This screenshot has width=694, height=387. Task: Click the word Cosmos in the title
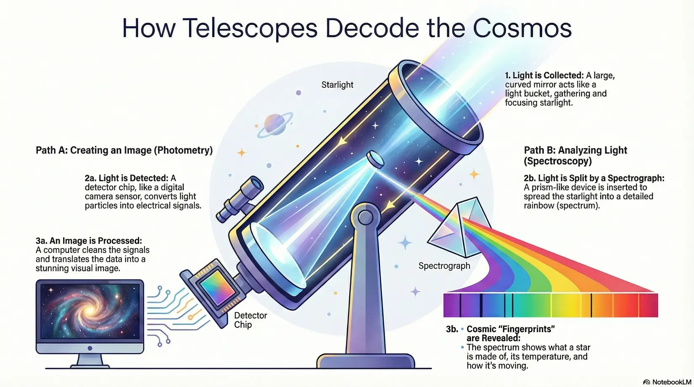[x=522, y=28]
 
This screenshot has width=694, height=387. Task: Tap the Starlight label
[x=337, y=85]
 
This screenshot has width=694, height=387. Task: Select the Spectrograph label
[x=444, y=266]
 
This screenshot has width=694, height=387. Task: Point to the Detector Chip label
[x=251, y=320]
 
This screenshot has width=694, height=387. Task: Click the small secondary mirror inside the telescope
[x=375, y=160]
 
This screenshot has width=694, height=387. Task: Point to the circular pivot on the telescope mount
[x=366, y=217]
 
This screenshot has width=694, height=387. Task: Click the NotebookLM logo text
[x=672, y=382]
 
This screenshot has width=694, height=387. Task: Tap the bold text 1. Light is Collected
[x=544, y=75]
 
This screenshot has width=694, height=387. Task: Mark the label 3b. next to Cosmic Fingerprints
[x=452, y=329]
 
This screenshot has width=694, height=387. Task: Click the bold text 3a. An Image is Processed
[x=89, y=241]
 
